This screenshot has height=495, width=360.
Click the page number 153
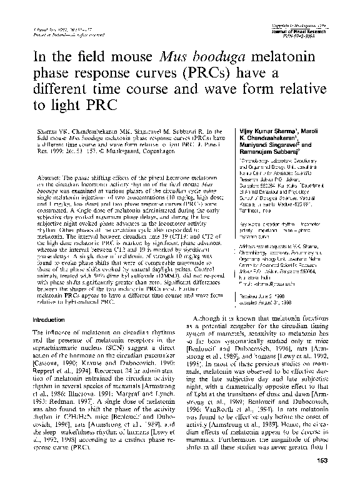pos(330,479)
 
